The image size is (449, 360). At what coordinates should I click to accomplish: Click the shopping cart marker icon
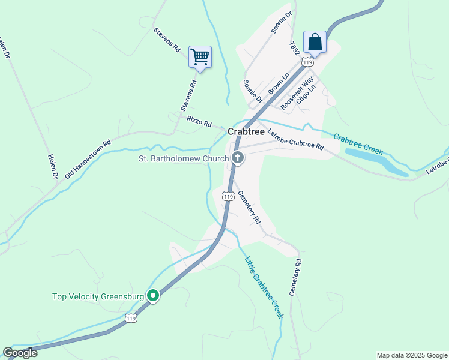(x=200, y=57)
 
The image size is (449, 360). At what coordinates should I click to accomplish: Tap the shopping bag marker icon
(x=314, y=42)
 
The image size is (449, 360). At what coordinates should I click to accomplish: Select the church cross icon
(x=238, y=158)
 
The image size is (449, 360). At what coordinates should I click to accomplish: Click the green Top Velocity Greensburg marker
(x=154, y=295)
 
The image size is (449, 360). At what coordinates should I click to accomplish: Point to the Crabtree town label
(x=246, y=131)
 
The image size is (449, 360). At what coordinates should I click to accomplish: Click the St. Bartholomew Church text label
(x=183, y=159)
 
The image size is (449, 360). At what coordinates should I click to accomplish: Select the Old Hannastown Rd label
(x=88, y=159)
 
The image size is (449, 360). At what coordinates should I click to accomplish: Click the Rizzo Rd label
(x=199, y=122)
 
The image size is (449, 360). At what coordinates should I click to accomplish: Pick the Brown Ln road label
(x=279, y=83)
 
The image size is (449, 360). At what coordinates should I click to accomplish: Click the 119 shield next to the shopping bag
(x=308, y=62)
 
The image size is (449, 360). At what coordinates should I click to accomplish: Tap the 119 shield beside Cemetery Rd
(x=228, y=196)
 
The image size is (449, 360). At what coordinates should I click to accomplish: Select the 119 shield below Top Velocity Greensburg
(x=131, y=318)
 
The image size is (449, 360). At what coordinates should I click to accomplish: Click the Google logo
(x=20, y=353)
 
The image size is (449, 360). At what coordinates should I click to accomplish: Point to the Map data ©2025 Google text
(x=411, y=355)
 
